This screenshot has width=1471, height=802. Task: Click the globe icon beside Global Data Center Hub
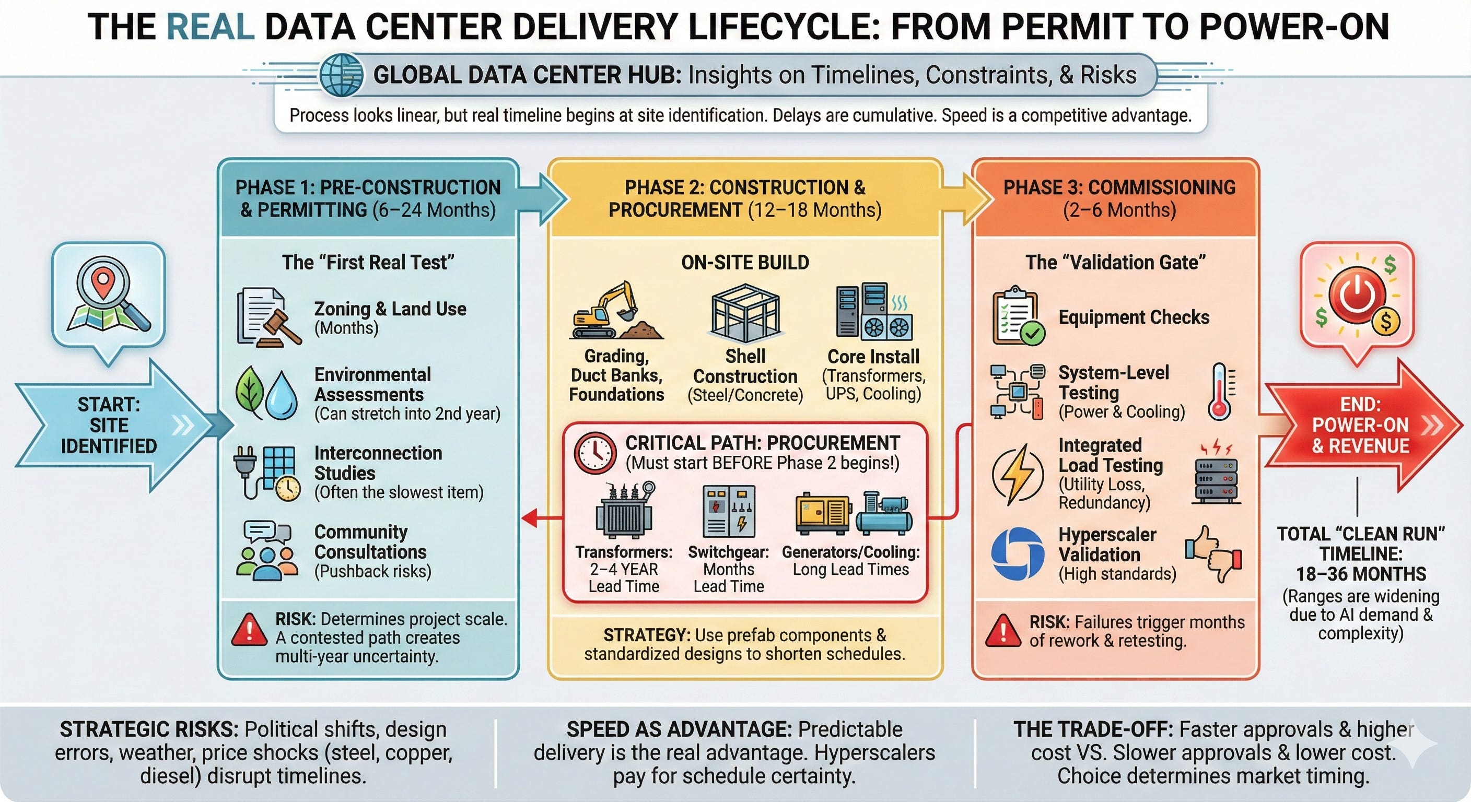[x=341, y=75]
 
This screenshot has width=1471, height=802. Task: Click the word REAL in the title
[x=211, y=27]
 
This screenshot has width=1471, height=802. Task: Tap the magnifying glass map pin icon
[x=108, y=300]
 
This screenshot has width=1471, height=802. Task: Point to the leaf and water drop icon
[x=267, y=392]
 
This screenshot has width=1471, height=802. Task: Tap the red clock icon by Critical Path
[x=594, y=453]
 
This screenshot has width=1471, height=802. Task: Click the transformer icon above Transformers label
[x=624, y=509]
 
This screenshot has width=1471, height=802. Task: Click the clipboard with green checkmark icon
[x=1018, y=316]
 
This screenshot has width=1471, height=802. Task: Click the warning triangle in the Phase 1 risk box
[x=249, y=630]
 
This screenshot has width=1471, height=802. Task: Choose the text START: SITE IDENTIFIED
[x=109, y=425]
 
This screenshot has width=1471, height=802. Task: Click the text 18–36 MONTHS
[x=1360, y=574]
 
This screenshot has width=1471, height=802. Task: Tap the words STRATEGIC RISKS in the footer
[x=149, y=729]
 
